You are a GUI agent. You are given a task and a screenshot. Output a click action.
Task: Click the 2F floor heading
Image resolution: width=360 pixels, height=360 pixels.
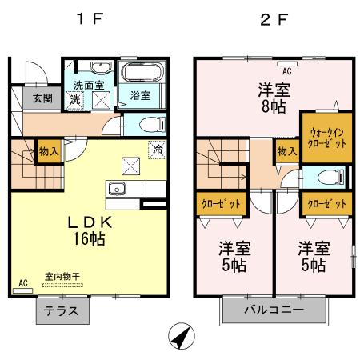[274, 18]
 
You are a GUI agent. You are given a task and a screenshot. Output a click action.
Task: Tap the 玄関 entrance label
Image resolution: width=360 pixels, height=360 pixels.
[22, 99]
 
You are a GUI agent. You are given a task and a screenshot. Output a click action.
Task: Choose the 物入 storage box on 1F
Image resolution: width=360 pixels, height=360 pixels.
[48, 150]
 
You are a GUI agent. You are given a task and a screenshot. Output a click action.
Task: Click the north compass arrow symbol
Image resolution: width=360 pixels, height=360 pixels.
[180, 338]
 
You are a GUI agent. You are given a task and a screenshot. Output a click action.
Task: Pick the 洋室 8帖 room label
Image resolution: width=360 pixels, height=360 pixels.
[273, 98]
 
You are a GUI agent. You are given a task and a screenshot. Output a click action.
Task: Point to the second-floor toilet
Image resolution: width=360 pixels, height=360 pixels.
[324, 178]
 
